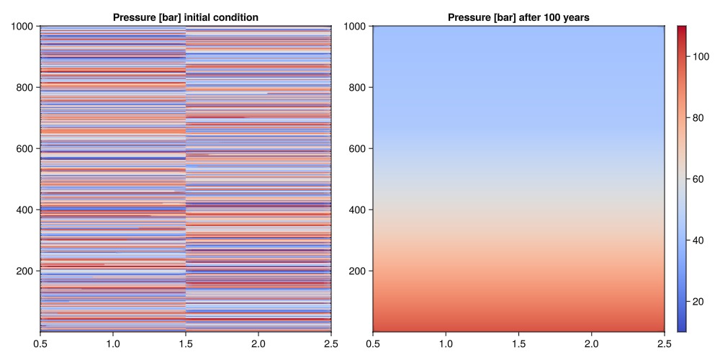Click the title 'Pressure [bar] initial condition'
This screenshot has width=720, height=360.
coord(186,17)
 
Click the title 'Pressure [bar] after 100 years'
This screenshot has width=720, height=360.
coord(518,17)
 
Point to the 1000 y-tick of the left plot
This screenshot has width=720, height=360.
coord(24,27)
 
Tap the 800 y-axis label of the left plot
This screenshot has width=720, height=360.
coord(26,88)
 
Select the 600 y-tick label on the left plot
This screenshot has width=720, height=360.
coord(26,149)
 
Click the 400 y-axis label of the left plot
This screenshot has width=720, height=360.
coord(26,210)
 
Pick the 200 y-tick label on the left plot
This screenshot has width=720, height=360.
coord(26,271)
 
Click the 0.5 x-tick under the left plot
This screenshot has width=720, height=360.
coord(40,343)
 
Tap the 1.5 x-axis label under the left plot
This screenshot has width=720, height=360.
coord(186,343)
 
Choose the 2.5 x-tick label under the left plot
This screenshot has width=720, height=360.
coord(331,343)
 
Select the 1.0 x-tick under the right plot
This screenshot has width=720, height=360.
coord(446,343)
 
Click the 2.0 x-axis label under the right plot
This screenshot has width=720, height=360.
coord(591,343)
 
